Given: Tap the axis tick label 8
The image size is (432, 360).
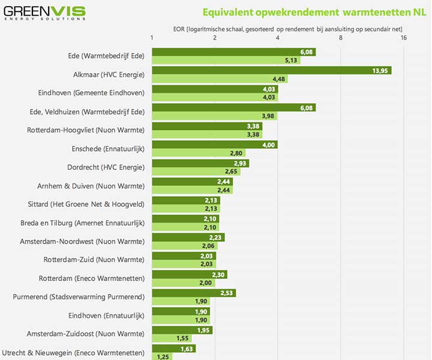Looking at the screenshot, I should point(341,38).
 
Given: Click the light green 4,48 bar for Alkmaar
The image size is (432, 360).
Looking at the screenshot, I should point(220,79).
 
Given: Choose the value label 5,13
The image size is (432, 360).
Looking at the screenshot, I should point(292,61).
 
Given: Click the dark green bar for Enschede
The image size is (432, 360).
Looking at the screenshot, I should point(215,145).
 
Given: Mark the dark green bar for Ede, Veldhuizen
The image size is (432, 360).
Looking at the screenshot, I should point(234,107).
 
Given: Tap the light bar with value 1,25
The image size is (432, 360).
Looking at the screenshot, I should point(162,356).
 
